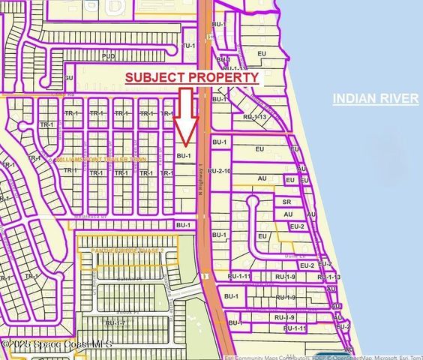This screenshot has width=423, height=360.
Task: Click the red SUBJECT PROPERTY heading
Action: point(191,77)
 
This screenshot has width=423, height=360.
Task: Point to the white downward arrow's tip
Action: point(187,141)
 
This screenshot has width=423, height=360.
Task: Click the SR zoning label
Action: point(286,202)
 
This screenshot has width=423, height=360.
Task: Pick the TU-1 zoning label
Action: point(189,46)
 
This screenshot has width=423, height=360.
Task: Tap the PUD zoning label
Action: point(107,55)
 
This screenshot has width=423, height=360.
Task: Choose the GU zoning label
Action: point(68,77)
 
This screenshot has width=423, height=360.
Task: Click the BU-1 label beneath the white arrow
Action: point(182,155)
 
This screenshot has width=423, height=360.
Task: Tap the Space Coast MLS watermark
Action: point(56,343)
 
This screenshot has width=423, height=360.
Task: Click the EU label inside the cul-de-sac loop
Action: point(262,236)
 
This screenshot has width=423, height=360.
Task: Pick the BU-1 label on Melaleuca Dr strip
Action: point(182,224)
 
